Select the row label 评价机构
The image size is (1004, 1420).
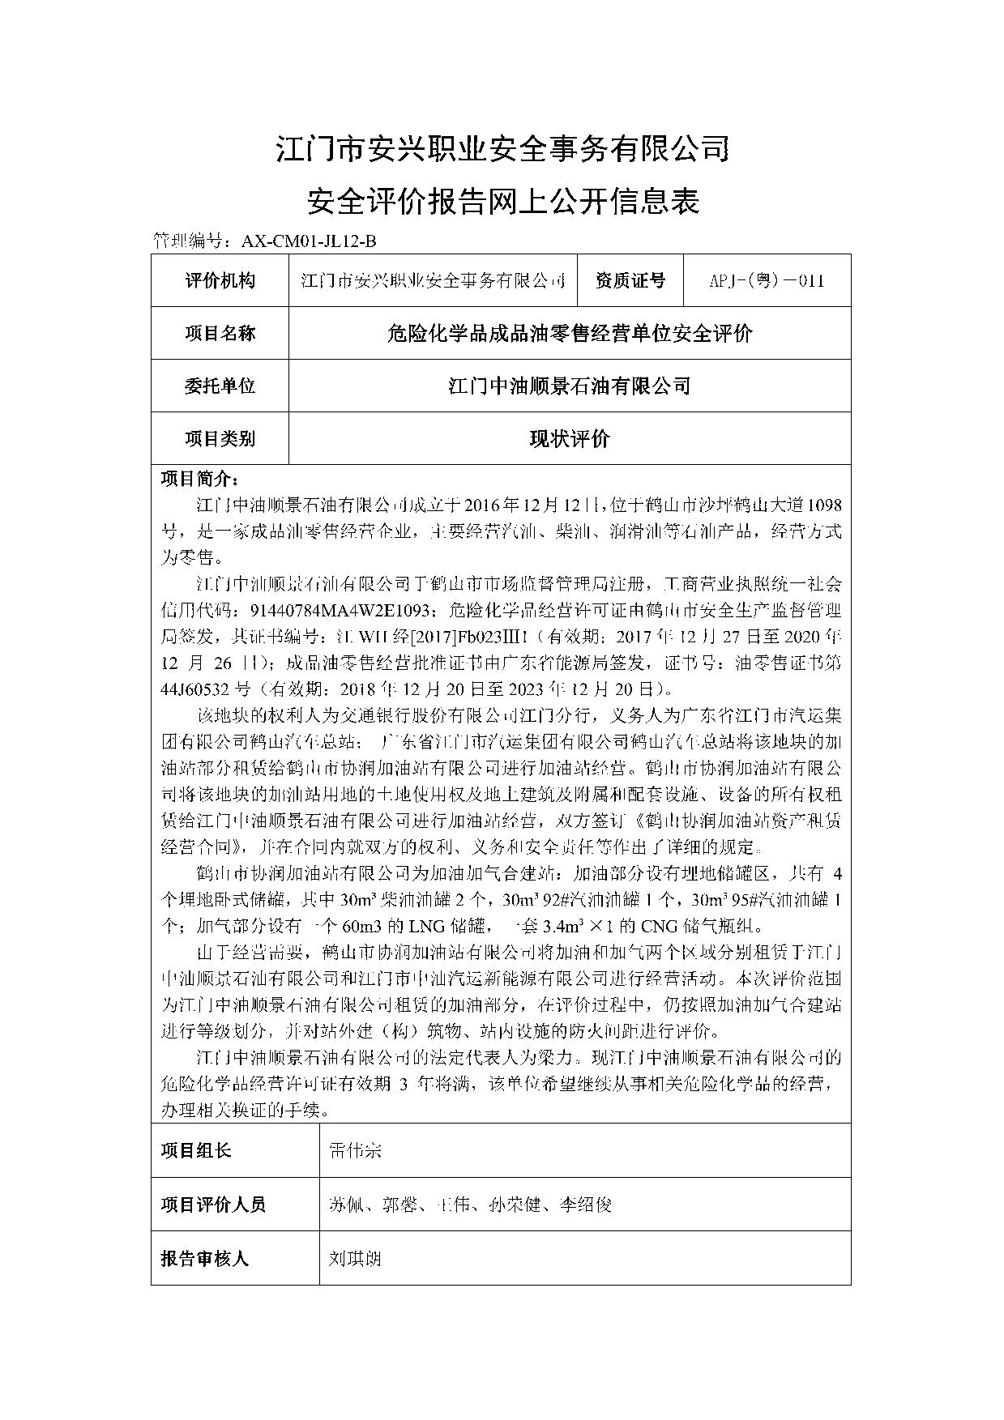tap(220, 280)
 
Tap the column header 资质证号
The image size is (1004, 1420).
tap(630, 280)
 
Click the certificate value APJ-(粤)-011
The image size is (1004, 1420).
tap(767, 281)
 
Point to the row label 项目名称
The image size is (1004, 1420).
tap(220, 333)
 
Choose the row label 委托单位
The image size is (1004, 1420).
tap(220, 386)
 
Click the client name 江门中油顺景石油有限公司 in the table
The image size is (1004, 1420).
tap(569, 386)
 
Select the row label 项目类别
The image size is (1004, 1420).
tap(220, 439)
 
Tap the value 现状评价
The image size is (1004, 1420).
tap(569, 439)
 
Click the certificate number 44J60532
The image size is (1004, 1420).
tap(194, 689)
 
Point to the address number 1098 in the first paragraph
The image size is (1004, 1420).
tap(825, 505)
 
